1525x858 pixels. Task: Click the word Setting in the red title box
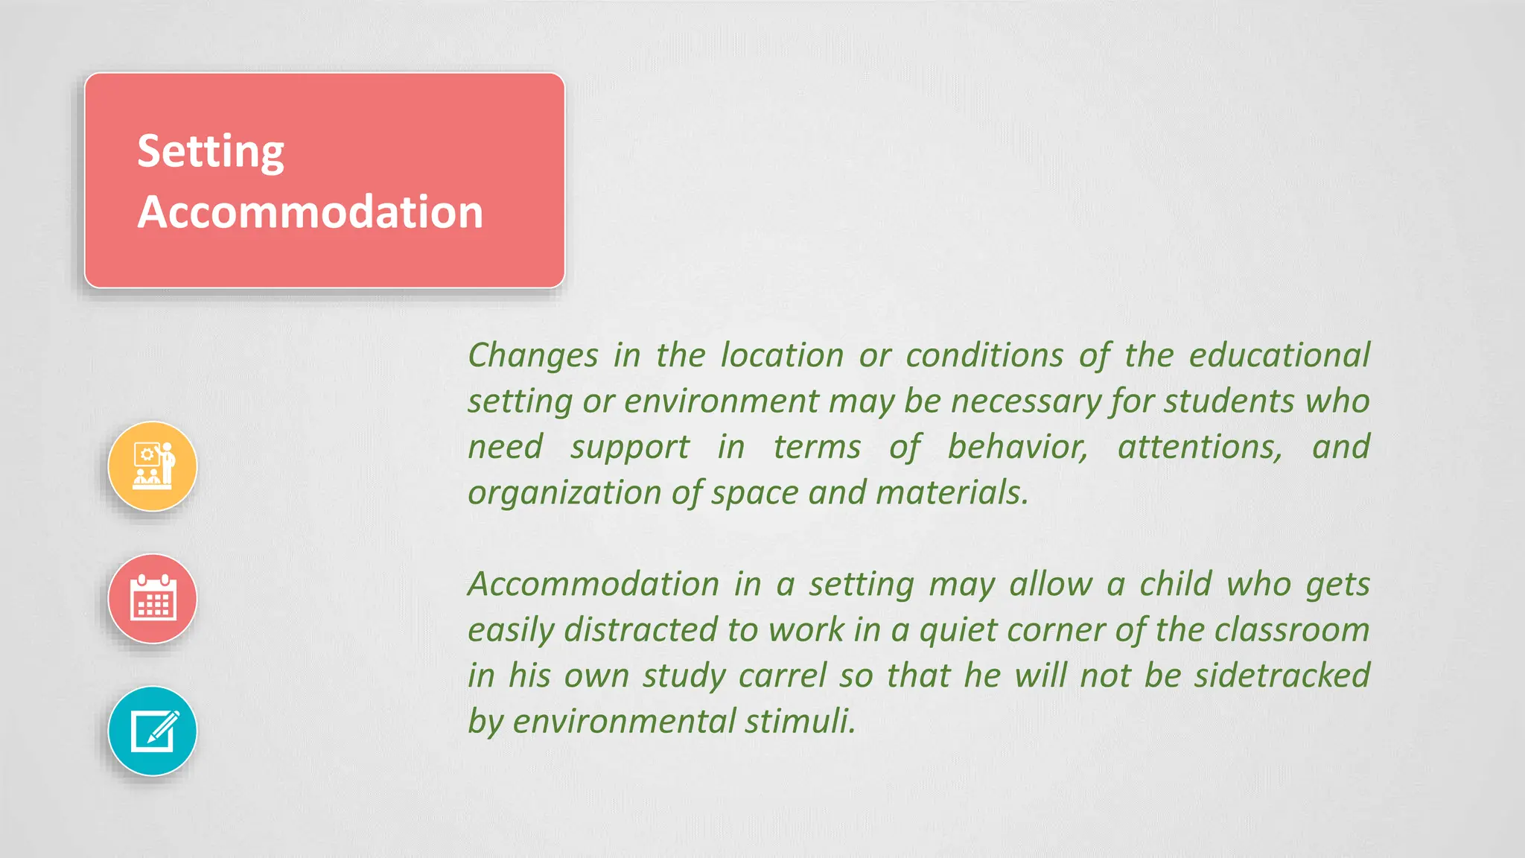[211, 151]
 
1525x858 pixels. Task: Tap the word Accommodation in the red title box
[311, 212]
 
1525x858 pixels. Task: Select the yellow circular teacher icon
[153, 466]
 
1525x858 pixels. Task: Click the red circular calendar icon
[153, 599]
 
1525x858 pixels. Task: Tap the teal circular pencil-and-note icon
[153, 731]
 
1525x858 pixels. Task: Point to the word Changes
[532, 355]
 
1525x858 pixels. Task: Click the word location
[782, 355]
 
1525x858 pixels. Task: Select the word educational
[1279, 355]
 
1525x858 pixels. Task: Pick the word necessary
[1026, 401]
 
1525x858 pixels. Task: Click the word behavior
[1017, 447]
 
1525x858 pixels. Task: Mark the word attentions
[1200, 447]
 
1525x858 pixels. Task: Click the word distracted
[641, 630]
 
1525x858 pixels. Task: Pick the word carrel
[783, 676]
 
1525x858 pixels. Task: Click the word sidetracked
[1282, 676]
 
